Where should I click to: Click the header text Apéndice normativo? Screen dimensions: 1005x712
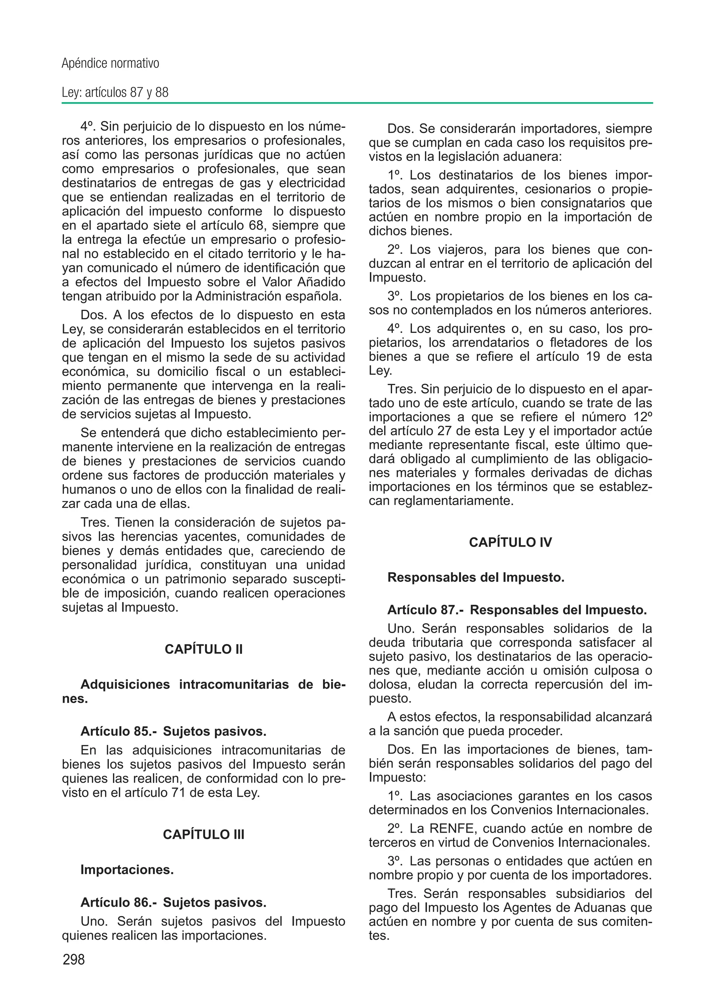click(x=111, y=64)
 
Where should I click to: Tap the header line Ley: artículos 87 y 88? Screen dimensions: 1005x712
click(x=115, y=92)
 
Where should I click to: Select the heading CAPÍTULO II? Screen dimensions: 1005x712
click(x=203, y=649)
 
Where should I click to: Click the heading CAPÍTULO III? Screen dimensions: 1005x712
click(x=203, y=834)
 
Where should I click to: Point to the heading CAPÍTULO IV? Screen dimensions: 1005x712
click(x=510, y=542)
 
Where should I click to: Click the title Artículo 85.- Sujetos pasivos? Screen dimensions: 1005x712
click(x=173, y=731)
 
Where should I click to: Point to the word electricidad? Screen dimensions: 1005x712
click(x=312, y=183)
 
